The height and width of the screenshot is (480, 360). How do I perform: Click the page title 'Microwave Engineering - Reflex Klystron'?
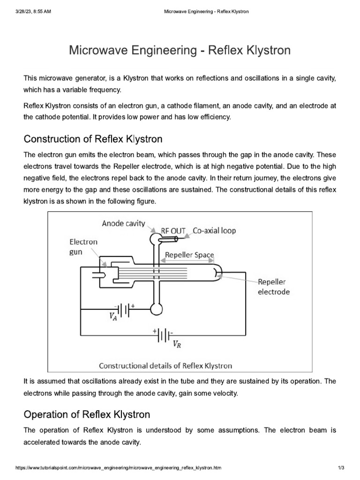[180, 50]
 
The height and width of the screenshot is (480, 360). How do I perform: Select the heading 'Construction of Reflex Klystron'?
[93, 139]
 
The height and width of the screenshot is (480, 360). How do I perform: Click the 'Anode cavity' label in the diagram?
[124, 224]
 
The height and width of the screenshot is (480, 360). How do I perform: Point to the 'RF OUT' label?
[173, 231]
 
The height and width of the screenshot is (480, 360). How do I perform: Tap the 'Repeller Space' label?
[188, 255]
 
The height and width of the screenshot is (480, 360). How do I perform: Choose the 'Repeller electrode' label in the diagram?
[274, 287]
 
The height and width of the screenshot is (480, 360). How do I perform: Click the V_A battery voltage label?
[113, 317]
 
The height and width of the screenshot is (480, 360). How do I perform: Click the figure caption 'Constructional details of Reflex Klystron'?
[165, 365]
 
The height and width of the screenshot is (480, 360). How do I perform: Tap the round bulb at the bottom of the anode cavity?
[155, 307]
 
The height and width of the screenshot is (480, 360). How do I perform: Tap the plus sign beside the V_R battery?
[155, 331]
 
